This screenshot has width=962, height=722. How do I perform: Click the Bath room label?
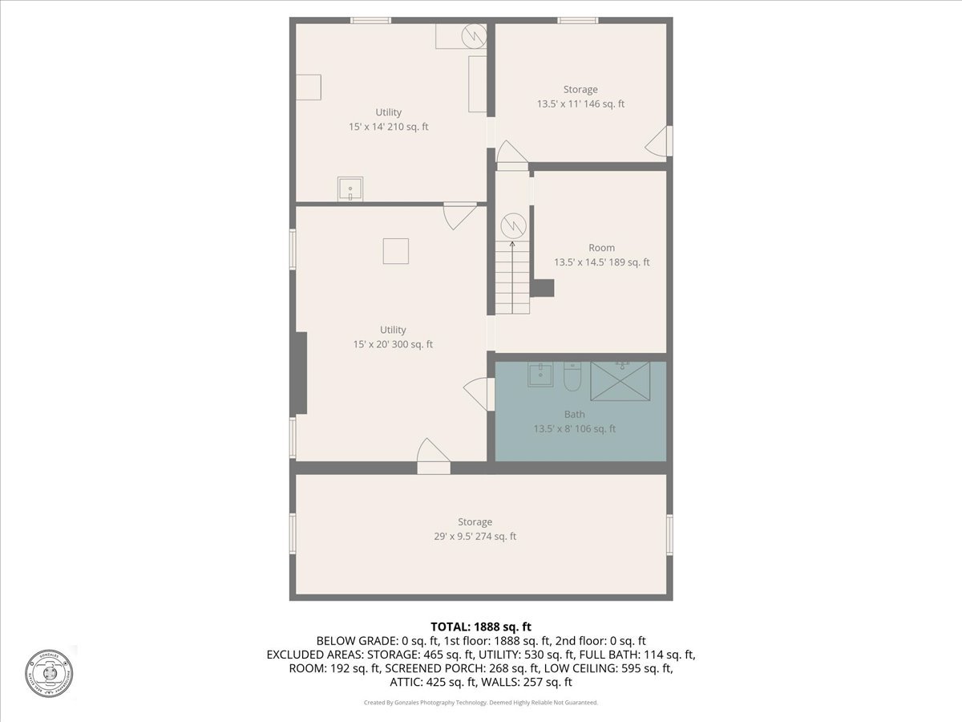574,414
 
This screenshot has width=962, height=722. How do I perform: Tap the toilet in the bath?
572,376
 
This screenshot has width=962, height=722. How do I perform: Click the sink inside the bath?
540,375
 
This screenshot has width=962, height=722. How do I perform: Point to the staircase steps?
512,278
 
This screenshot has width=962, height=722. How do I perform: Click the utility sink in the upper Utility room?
350,190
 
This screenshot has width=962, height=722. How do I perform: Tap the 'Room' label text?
601,248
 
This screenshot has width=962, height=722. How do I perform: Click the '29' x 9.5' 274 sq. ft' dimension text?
475,536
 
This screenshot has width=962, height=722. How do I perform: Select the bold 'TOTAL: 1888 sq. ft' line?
481,626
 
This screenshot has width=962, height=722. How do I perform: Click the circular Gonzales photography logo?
49,672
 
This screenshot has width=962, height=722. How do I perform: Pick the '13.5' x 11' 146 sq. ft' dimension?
580,103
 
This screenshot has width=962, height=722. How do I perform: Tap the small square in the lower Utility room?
395,251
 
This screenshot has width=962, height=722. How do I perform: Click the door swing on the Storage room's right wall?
659,142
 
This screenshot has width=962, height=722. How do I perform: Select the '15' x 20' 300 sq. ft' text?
393,344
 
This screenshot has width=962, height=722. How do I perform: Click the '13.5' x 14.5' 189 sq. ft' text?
601,262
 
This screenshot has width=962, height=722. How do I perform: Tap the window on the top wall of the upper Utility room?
370,20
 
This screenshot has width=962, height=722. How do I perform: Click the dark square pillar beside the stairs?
544,287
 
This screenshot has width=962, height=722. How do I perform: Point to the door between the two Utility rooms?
460,215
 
